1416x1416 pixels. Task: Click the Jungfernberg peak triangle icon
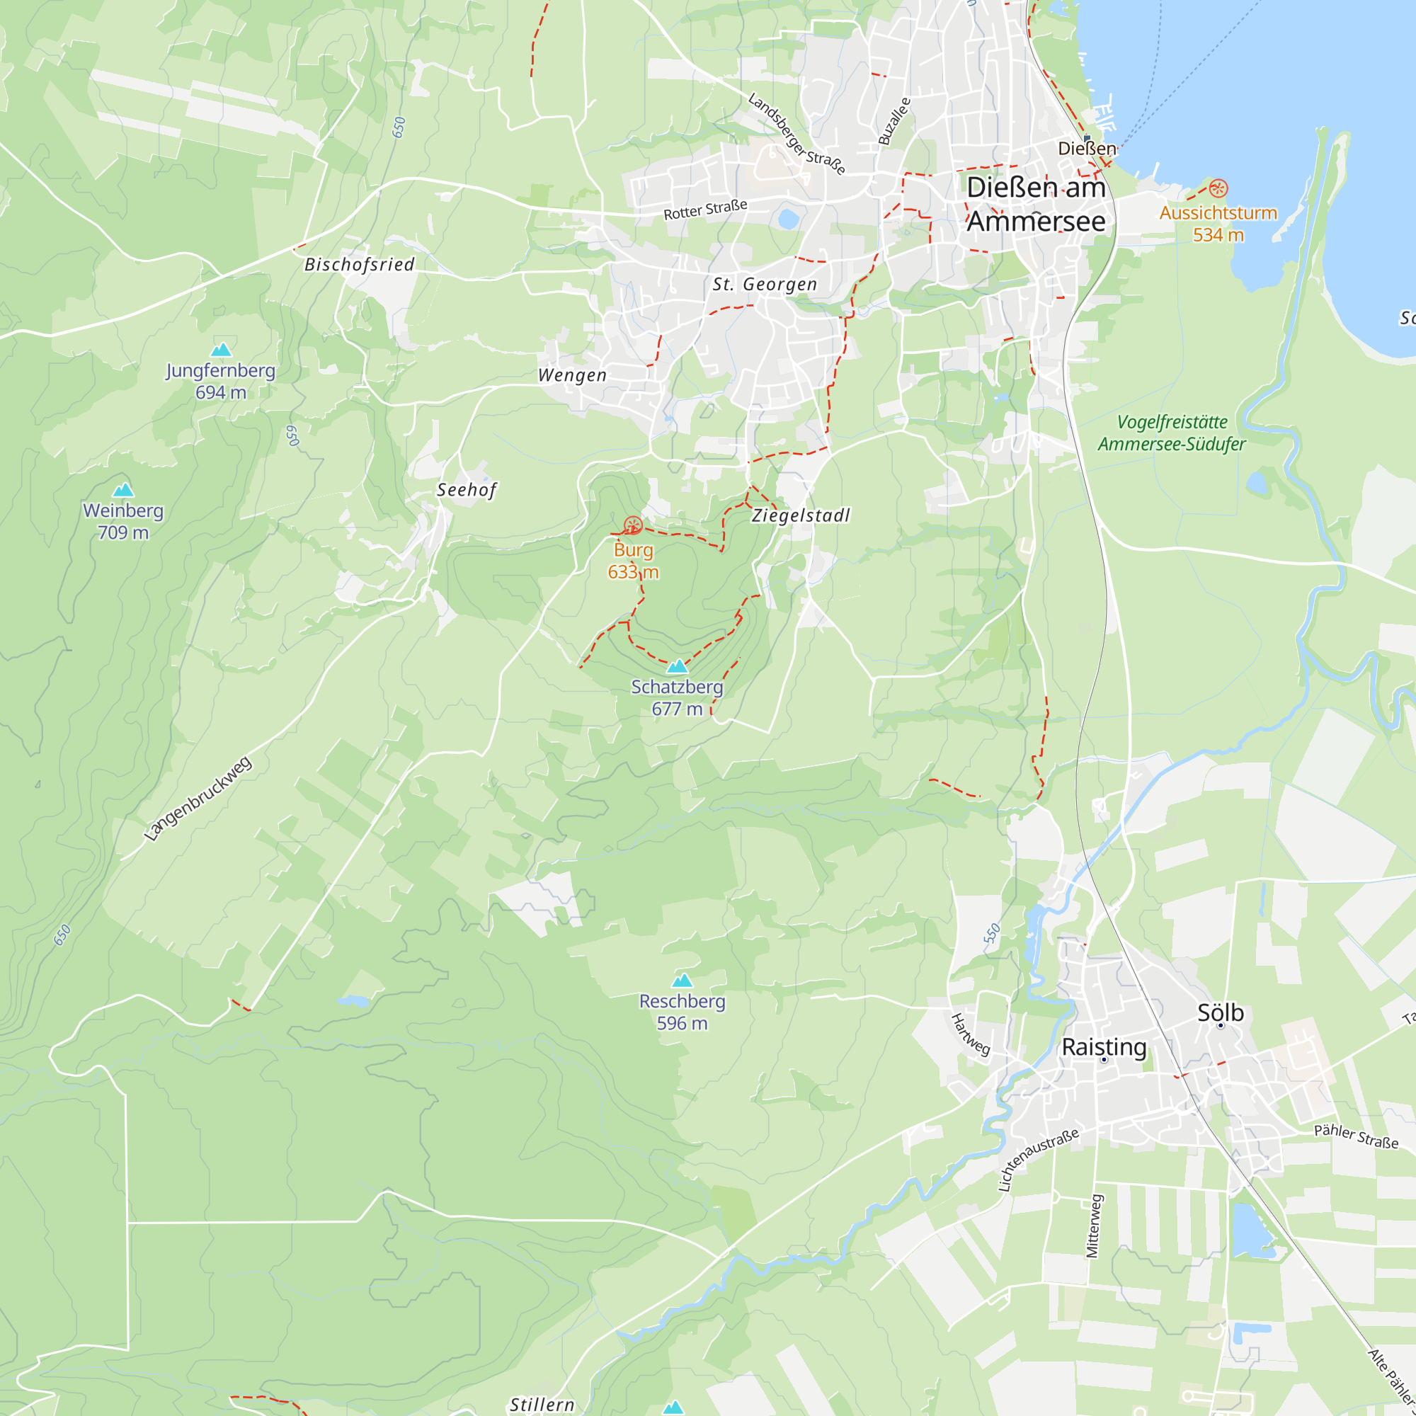click(x=221, y=350)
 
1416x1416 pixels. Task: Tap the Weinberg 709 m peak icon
click(x=123, y=490)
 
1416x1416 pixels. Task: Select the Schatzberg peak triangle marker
click(x=678, y=666)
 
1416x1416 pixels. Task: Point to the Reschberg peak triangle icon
click(x=683, y=981)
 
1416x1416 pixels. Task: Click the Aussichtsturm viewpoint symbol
click(x=1217, y=188)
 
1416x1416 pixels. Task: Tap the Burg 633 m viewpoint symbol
click(x=632, y=525)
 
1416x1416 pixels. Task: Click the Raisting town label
click(x=1104, y=1046)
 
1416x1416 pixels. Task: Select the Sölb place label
click(x=1221, y=1013)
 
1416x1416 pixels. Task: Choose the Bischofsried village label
click(x=359, y=265)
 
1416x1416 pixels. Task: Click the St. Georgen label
click(x=765, y=285)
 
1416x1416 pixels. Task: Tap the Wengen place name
click(x=572, y=375)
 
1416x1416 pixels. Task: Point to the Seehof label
click(x=467, y=490)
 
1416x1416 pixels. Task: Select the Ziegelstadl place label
click(x=801, y=515)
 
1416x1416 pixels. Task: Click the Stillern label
click(x=542, y=1404)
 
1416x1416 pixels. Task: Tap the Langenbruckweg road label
click(x=198, y=798)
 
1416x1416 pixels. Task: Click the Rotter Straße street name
click(x=705, y=210)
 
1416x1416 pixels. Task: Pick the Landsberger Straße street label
click(x=796, y=133)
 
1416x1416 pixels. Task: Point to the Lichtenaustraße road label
click(x=1038, y=1160)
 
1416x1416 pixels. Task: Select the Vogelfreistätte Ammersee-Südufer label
click(x=1171, y=433)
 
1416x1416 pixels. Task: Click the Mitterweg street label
click(x=1092, y=1226)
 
